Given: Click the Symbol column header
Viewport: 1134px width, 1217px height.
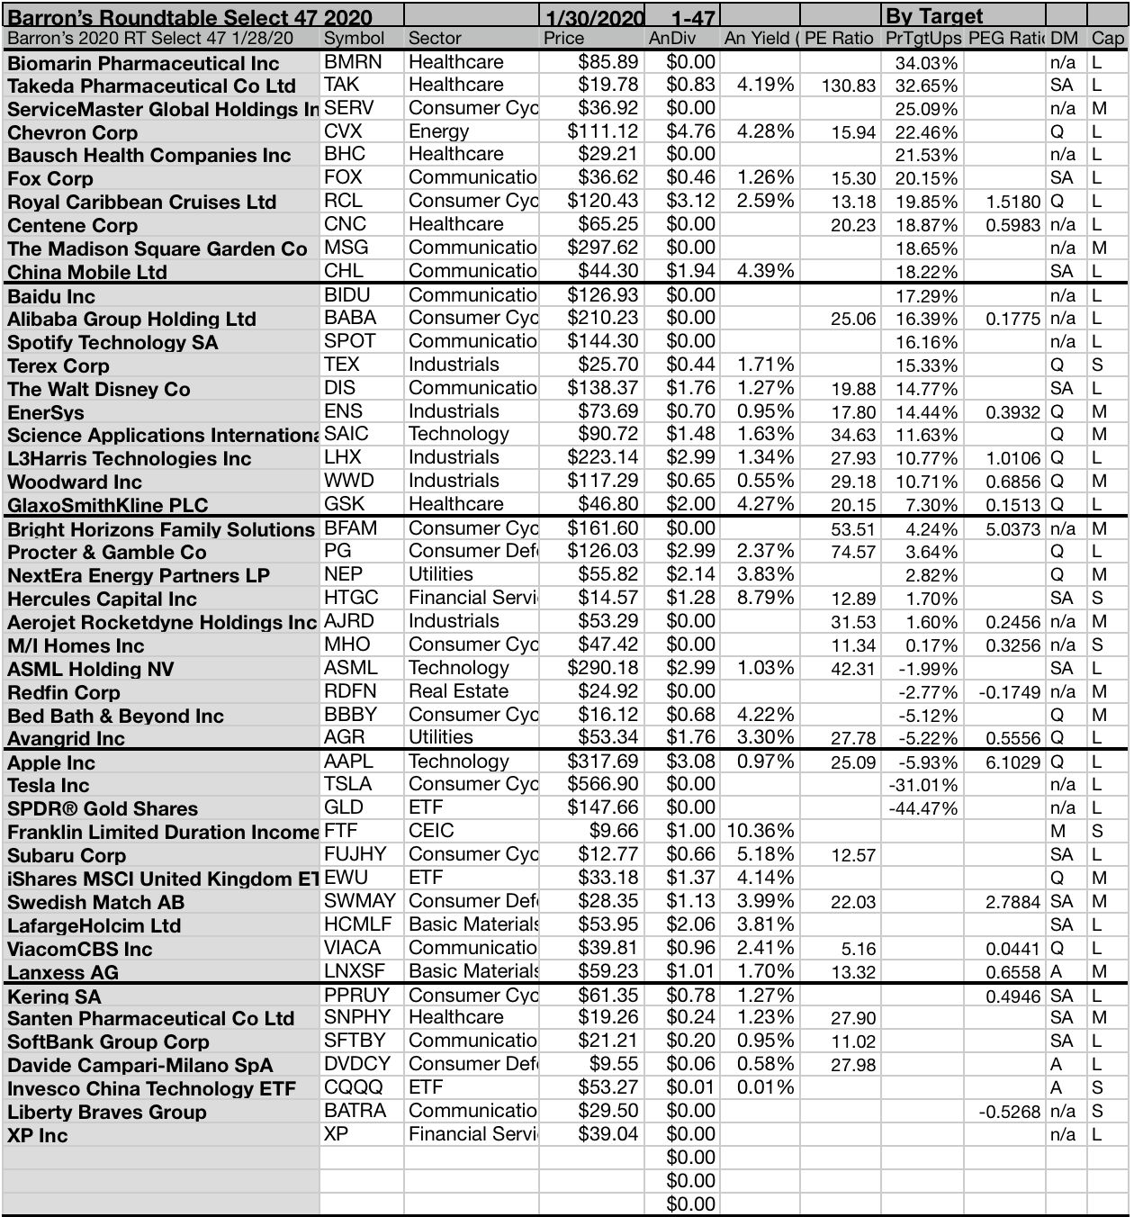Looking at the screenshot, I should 354,39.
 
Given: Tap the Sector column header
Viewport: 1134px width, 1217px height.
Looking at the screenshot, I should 435,39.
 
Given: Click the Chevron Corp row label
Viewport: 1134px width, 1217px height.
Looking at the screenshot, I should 72,132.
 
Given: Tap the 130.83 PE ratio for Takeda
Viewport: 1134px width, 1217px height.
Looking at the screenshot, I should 849,86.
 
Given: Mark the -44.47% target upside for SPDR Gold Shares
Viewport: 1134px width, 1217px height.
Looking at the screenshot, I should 922,808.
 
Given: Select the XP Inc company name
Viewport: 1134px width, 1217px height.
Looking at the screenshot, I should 38,1136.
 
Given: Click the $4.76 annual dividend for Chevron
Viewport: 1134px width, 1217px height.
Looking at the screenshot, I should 690,131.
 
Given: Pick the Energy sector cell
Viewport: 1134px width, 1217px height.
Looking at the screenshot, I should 438,131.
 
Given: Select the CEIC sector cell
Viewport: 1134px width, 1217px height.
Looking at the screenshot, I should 431,831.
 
